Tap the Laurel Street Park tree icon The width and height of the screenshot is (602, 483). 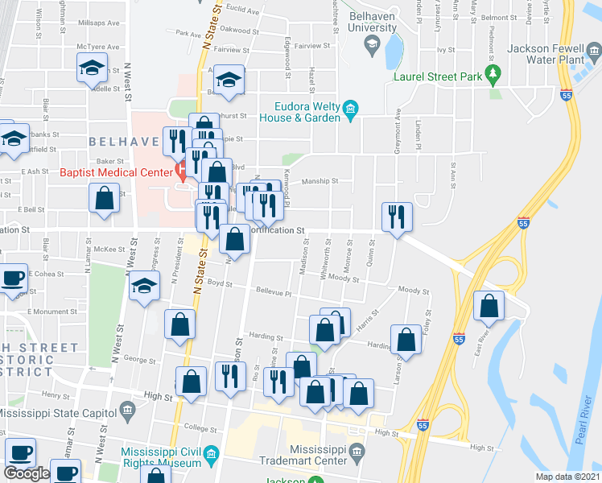[x=495, y=76]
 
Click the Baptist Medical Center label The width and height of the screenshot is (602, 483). [x=116, y=171]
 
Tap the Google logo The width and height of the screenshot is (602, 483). [x=27, y=473]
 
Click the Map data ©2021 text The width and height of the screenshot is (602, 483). [x=567, y=477]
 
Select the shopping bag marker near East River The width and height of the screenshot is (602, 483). [x=489, y=305]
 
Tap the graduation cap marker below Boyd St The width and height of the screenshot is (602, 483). [x=145, y=287]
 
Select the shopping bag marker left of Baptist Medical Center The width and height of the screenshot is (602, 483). [x=105, y=198]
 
